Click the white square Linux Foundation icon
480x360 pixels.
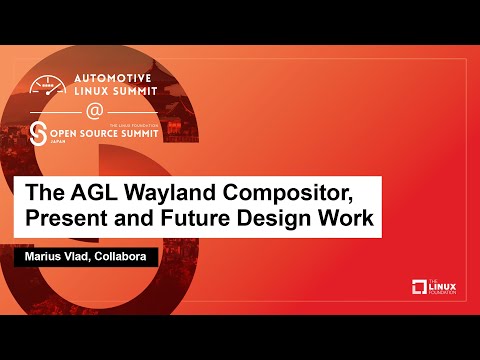(420, 288)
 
